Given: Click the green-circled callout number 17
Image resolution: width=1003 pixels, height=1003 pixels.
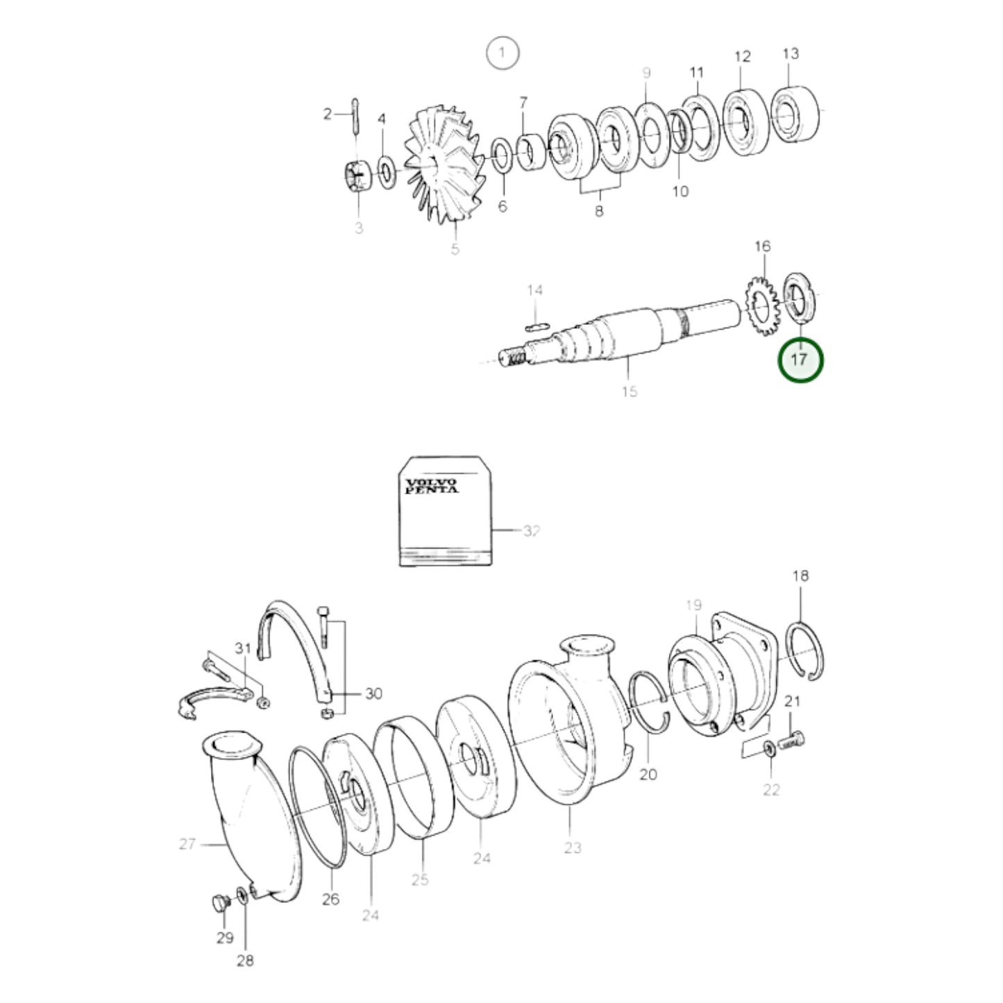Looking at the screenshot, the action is [800, 359].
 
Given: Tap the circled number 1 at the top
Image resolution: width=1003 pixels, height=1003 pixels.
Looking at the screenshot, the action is [503, 53].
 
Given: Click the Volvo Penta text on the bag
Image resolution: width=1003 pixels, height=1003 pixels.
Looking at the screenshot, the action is [432, 486].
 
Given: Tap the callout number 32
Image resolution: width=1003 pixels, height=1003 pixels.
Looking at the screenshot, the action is [532, 531].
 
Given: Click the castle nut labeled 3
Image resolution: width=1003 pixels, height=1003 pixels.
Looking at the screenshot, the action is [357, 177].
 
